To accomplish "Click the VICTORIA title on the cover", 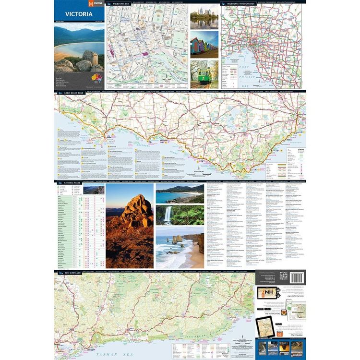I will (x=76, y=14).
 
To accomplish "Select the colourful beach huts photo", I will (x=204, y=46).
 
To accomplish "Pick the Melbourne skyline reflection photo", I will (x=204, y=17).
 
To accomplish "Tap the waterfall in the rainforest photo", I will (x=168, y=215).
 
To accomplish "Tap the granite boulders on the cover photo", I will (x=86, y=60).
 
